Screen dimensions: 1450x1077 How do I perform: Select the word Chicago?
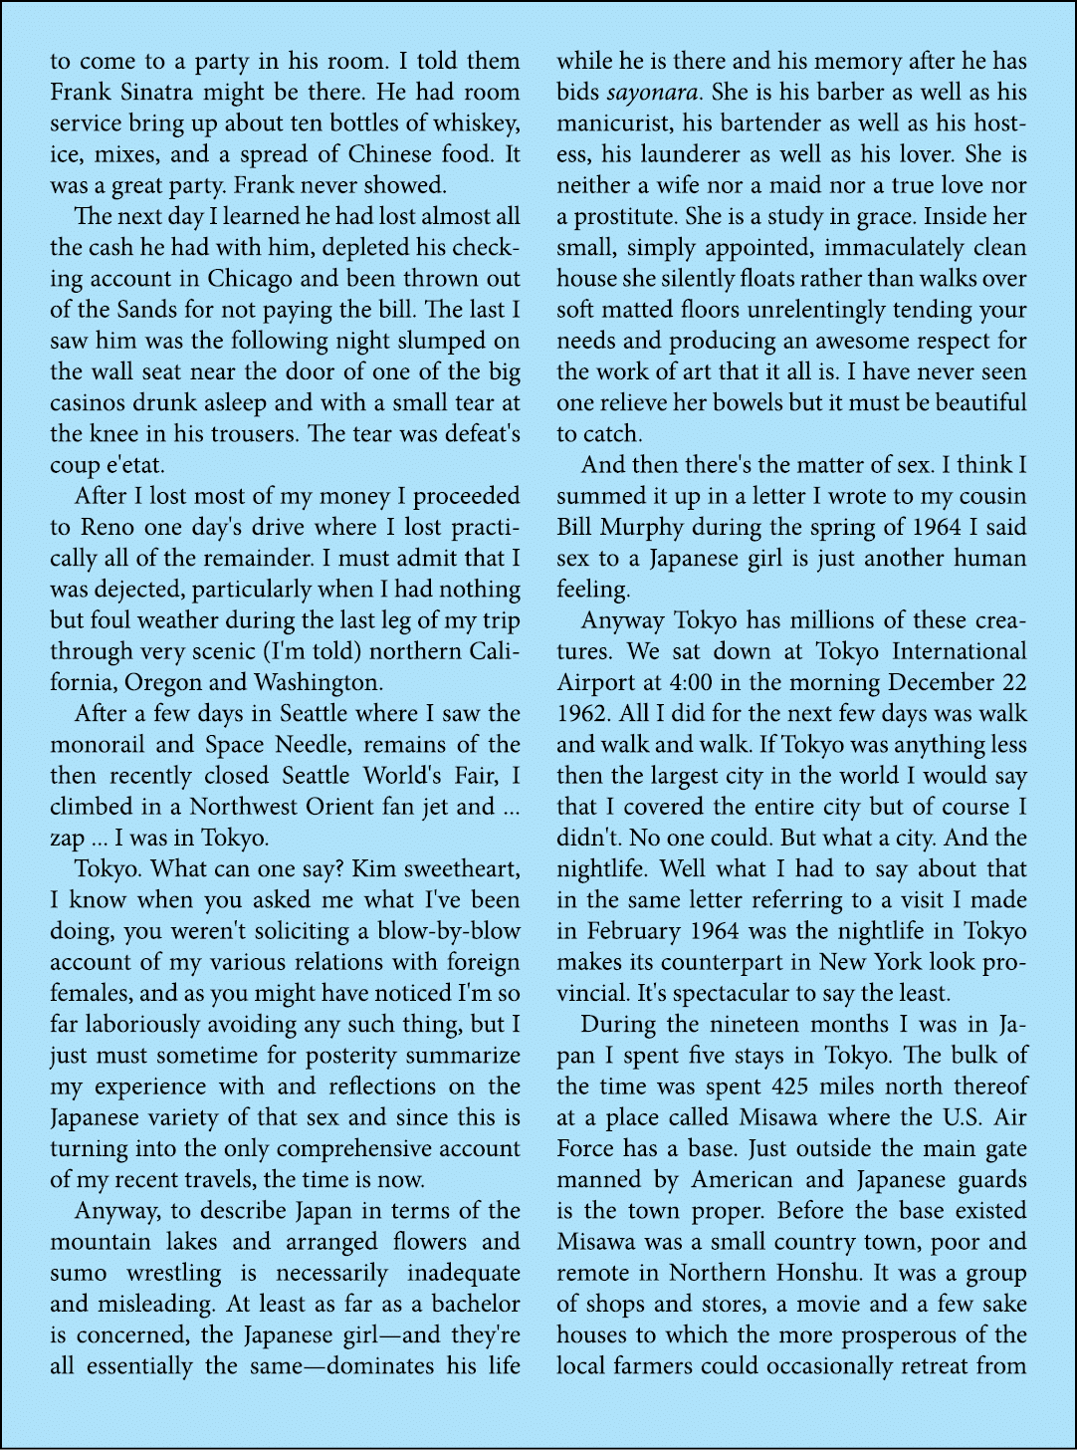click(x=250, y=279)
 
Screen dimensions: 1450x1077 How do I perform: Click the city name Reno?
click(x=108, y=528)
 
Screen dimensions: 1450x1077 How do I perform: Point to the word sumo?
click(x=79, y=1274)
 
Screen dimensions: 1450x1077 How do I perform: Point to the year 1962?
click(x=582, y=714)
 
